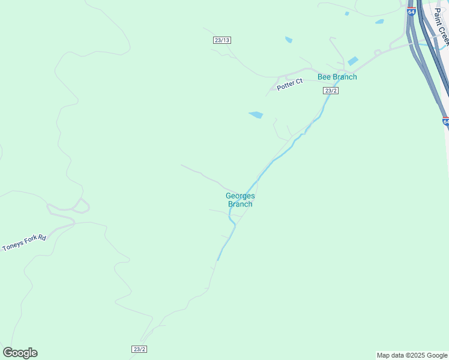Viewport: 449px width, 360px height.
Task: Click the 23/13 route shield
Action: click(x=221, y=40)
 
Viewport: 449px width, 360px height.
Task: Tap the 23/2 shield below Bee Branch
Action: click(x=331, y=91)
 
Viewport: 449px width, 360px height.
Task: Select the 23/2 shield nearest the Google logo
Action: click(x=139, y=349)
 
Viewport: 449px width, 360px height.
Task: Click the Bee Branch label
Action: click(x=337, y=77)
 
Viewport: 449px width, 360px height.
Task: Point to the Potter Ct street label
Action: click(x=290, y=85)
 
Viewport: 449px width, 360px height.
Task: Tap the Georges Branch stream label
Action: click(x=240, y=200)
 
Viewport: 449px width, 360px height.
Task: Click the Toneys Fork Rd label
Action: click(x=24, y=243)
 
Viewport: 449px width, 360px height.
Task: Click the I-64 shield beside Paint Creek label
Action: click(x=411, y=11)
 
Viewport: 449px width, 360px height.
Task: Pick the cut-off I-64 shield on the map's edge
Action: click(x=446, y=121)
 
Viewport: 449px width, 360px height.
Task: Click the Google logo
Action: click(x=20, y=353)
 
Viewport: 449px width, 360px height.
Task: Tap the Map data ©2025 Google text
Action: click(x=412, y=355)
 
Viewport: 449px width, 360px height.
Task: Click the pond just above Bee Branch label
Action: click(x=353, y=61)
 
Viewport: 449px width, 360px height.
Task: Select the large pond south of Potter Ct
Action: click(x=256, y=115)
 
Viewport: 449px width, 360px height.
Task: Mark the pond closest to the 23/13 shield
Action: click(x=289, y=40)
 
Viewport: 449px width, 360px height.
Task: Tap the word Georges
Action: click(x=240, y=196)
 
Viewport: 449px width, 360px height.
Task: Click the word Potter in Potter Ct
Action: click(x=286, y=86)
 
